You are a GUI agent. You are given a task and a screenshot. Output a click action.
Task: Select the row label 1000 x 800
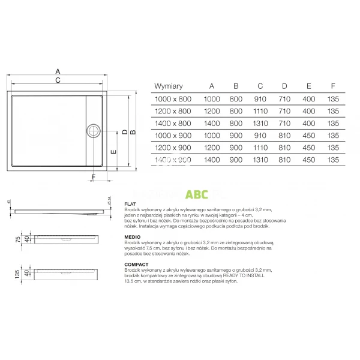[x=172, y=98]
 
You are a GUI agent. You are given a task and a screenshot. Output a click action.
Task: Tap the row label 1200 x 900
[x=172, y=148]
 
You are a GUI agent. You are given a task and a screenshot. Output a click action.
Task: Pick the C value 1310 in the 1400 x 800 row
[x=260, y=123]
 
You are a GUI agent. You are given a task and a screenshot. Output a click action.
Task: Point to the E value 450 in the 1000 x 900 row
[x=308, y=136]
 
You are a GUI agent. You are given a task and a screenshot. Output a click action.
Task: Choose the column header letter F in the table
[x=333, y=86]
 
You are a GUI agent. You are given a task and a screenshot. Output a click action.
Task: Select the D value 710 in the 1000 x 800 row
[x=284, y=98]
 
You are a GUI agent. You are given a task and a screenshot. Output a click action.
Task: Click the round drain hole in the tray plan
[x=94, y=129]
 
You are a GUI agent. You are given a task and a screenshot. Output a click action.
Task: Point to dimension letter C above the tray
[x=58, y=80]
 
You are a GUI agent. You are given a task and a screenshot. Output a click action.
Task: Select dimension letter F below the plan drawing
[x=94, y=176]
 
